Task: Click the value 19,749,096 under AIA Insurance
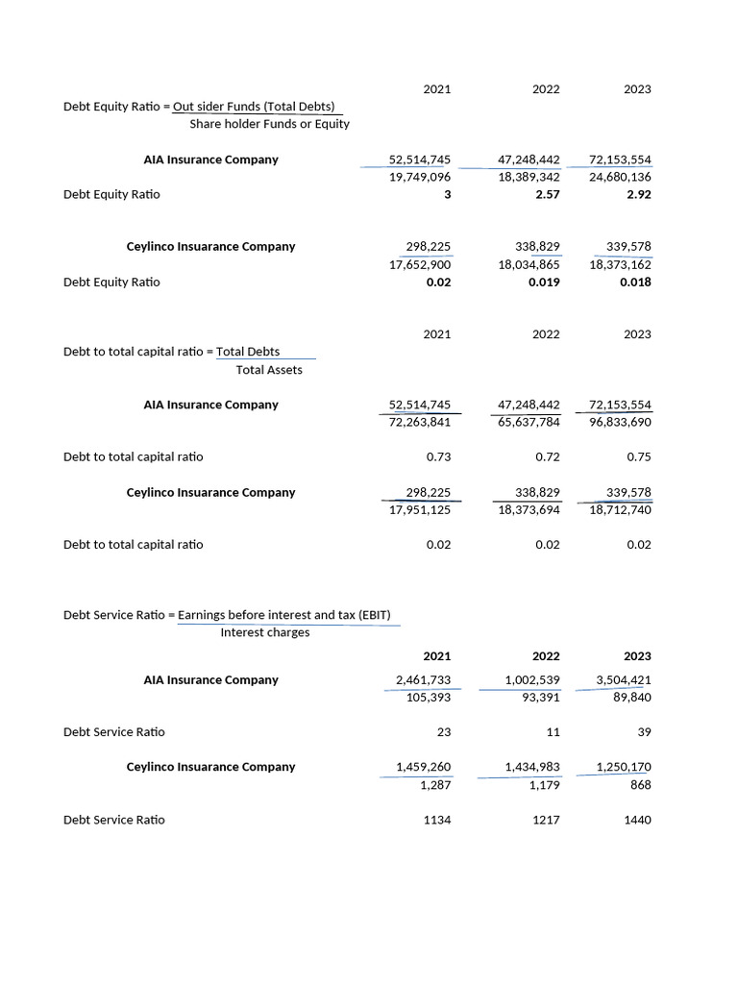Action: [420, 177]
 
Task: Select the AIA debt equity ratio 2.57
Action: [546, 194]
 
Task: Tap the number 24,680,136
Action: [620, 177]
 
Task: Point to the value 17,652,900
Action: [420, 264]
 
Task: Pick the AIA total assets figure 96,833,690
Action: [620, 422]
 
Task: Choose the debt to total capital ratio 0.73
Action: [438, 456]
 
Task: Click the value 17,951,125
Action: [420, 509]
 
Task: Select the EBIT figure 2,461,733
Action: [423, 679]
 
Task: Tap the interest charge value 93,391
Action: [541, 697]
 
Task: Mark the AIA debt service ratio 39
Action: [644, 731]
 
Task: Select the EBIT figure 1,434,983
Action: [532, 766]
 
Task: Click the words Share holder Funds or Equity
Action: [269, 124]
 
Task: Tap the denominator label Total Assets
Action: [269, 370]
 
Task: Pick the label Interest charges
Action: [264, 632]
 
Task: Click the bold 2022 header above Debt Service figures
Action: [546, 655]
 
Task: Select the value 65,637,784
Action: [529, 422]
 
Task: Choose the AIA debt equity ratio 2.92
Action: [637, 194]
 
